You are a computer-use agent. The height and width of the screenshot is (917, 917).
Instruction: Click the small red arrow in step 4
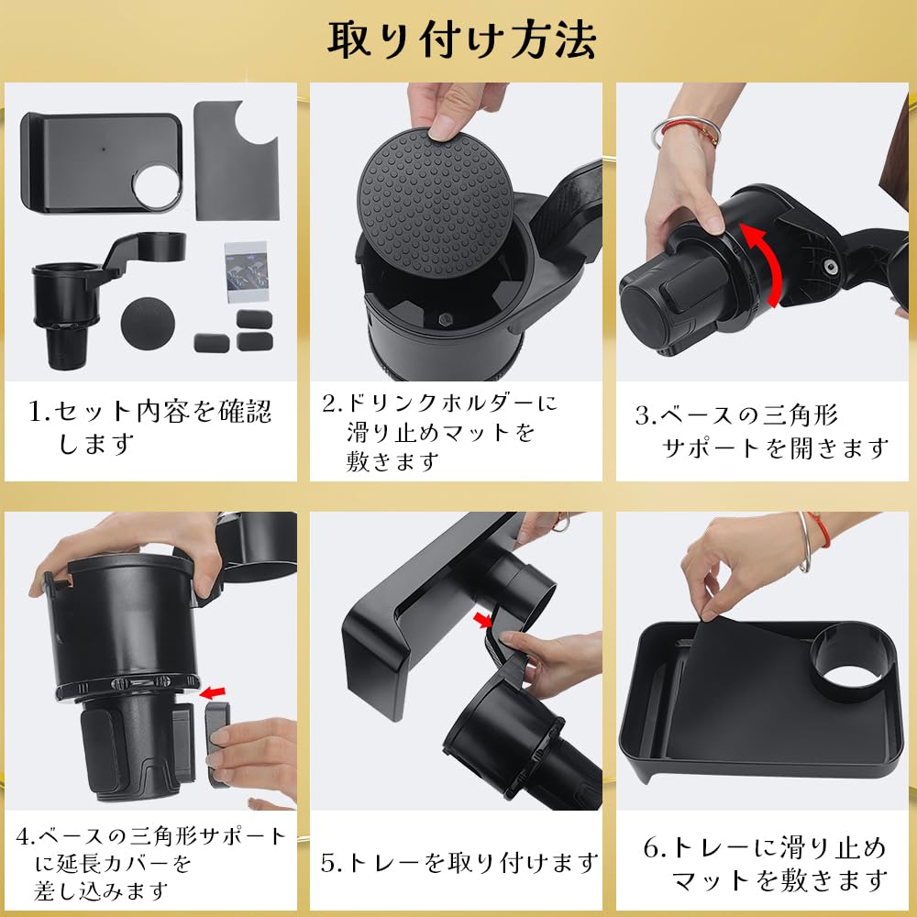214,690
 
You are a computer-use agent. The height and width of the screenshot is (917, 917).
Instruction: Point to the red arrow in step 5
482,622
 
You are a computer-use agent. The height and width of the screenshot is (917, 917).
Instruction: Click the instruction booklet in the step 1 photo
248,271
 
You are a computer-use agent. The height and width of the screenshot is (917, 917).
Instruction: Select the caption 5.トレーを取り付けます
458,862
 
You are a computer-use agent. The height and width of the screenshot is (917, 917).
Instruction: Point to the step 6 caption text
764,864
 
